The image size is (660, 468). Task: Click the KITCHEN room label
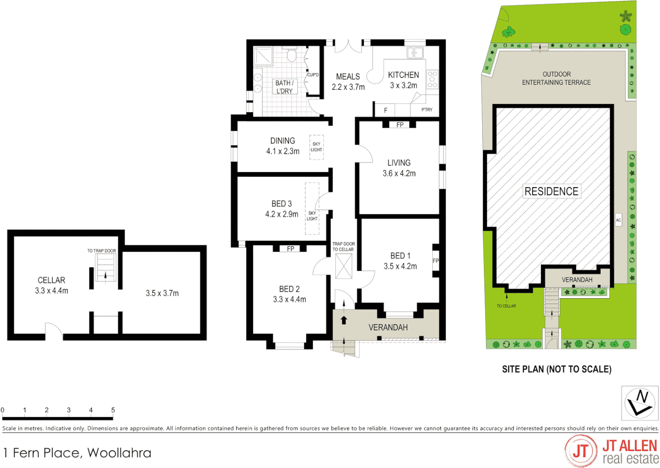(403, 75)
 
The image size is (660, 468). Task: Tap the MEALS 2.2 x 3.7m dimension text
(348, 87)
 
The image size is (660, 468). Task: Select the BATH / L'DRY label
(284, 87)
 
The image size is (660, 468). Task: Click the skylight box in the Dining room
(317, 147)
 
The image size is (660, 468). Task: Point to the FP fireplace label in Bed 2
(291, 249)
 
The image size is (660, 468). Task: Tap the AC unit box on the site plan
(618, 220)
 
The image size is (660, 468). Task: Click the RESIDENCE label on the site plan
(551, 191)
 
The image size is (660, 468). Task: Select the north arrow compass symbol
(640, 403)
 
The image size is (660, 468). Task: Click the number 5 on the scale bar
(113, 410)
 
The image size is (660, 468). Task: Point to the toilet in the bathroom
(291, 56)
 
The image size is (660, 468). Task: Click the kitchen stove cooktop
(432, 79)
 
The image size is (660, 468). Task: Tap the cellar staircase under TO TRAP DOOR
(105, 268)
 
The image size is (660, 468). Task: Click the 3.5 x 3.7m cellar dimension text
(162, 293)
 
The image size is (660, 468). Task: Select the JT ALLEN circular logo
(581, 451)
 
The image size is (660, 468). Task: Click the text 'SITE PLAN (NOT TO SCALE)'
(556, 369)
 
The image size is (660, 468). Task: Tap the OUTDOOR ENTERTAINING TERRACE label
(556, 78)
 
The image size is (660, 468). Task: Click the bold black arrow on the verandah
(344, 320)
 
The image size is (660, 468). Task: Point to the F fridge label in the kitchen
(386, 110)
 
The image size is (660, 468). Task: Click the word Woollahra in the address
(119, 453)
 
